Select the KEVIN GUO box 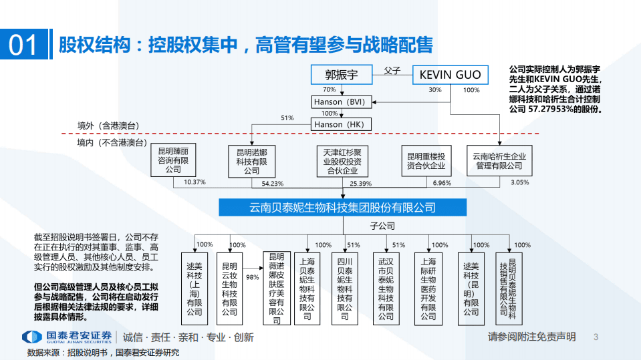450,75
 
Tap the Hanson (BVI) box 338,102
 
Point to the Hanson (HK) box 338,124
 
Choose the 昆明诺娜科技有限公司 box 251,161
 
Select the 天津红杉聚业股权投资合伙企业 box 342,161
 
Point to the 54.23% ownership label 272,183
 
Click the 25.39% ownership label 360,183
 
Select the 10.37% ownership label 195,182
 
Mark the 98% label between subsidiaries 252,277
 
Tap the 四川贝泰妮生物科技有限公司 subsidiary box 344,284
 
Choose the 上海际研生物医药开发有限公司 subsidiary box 428,284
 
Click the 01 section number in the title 23,45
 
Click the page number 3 596,337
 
